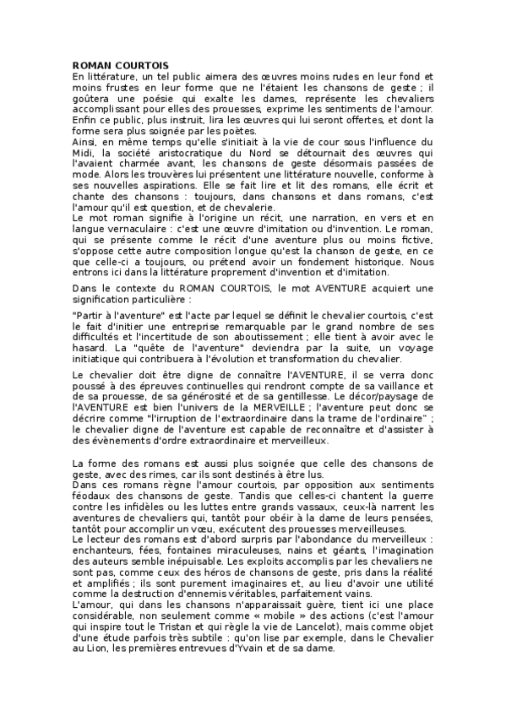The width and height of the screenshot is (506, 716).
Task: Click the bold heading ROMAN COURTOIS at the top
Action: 120,65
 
